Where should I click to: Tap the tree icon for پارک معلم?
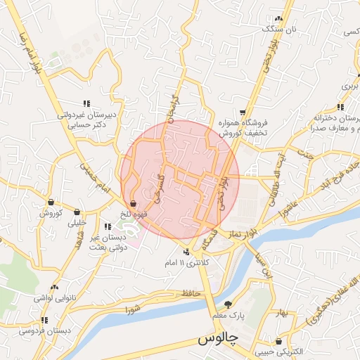(x=227, y=304)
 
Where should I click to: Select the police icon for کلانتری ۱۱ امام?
(x=186, y=252)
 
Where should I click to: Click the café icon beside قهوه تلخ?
(x=133, y=204)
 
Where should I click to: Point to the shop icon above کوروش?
(x=51, y=202)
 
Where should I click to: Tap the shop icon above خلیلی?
(x=77, y=212)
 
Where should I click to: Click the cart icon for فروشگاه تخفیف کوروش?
(x=243, y=112)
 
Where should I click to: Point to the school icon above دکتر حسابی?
(x=87, y=103)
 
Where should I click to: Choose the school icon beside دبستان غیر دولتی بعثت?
(x=108, y=227)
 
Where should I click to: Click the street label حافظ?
(x=182, y=292)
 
